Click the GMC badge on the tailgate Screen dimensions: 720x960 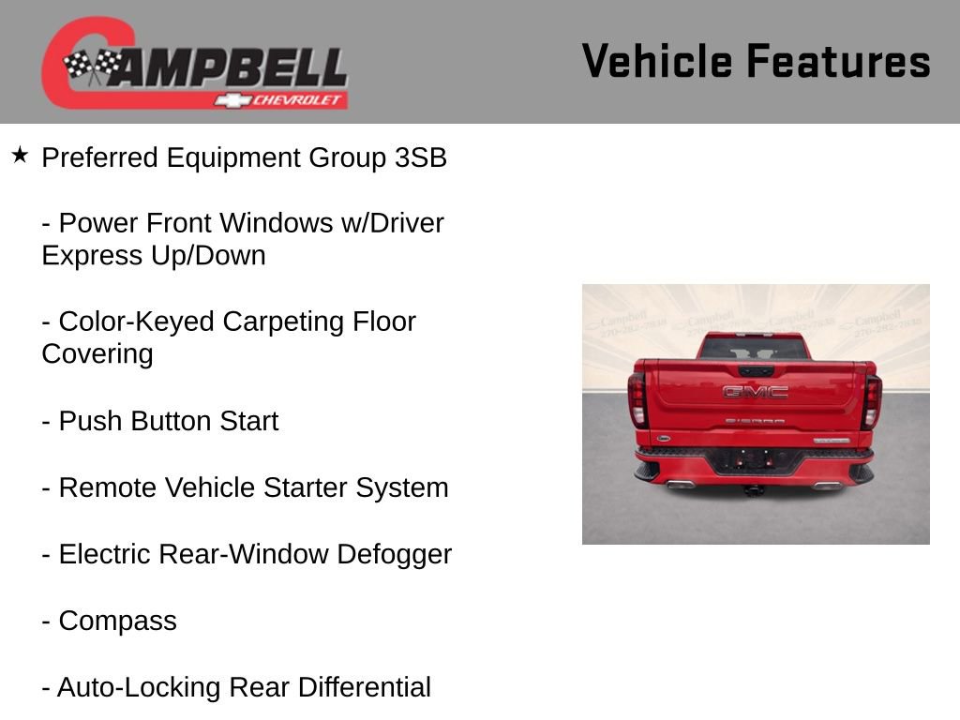[755, 392]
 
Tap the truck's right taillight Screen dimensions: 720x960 [872, 400]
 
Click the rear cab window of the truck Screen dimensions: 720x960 [754, 348]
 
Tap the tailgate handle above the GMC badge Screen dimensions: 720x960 [756, 371]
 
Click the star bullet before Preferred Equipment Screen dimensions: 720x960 [21, 155]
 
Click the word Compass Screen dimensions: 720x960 [117, 621]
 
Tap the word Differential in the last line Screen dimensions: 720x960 [364, 687]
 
